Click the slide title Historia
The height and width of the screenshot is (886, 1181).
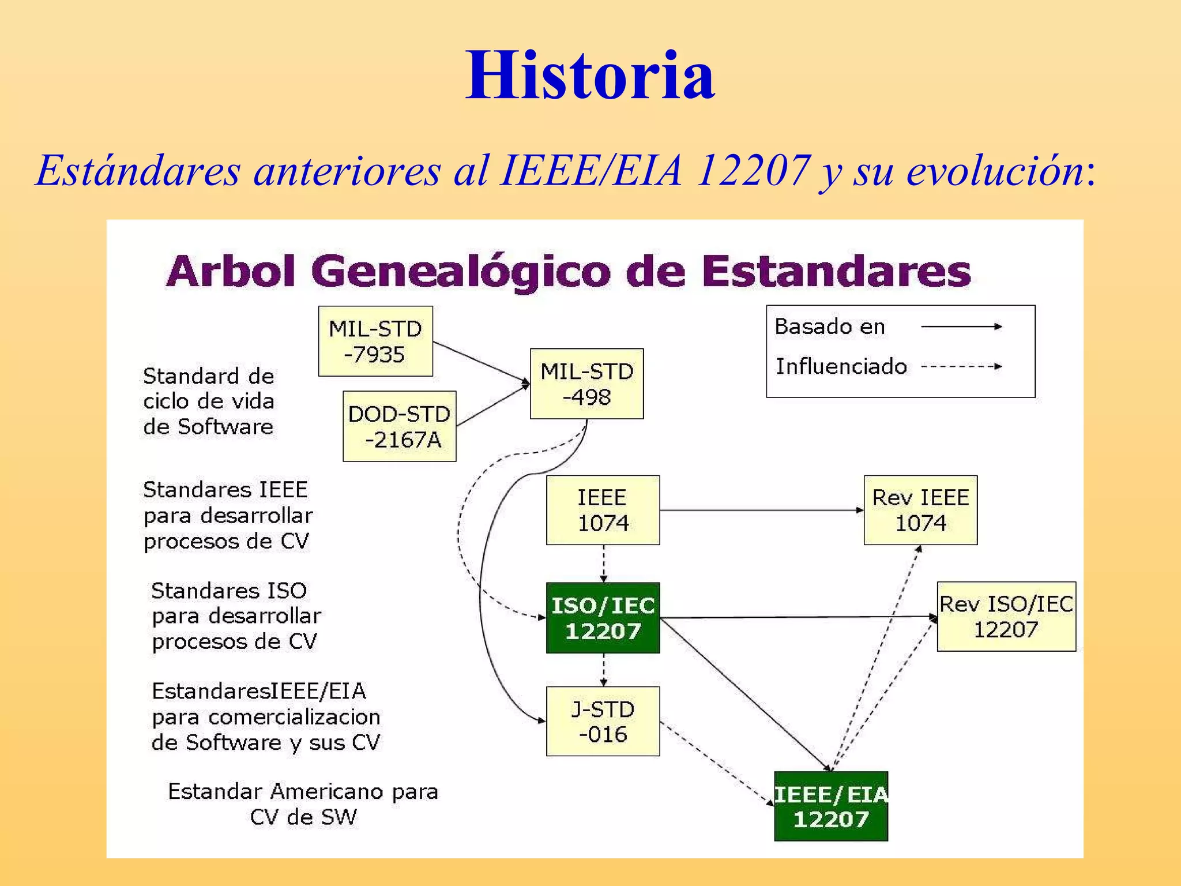tap(590, 75)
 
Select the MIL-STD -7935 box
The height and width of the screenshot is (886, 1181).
tap(375, 341)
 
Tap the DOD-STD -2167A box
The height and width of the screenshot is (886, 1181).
tap(400, 426)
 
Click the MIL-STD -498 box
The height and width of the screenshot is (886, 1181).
tap(586, 384)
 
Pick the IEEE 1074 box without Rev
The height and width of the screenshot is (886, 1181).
tap(603, 510)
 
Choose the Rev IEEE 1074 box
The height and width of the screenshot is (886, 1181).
tap(920, 510)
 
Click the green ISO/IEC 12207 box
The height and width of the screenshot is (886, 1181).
tap(603, 618)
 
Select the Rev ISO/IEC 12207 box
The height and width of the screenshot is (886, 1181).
tap(1006, 617)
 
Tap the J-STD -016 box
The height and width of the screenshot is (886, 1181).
tap(603, 721)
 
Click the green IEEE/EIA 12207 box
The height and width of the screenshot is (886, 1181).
tap(830, 806)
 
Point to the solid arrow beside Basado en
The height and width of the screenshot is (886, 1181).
tap(961, 326)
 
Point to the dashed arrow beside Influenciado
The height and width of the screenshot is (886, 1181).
tap(961, 366)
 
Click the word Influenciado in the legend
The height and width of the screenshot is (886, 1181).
tap(841, 366)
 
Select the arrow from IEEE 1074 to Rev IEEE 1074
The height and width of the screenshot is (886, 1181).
tap(761, 510)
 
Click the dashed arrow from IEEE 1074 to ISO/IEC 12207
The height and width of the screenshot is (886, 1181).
tap(604, 564)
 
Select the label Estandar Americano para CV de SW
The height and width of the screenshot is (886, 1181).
tap(303, 804)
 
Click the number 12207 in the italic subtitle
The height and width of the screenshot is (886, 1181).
tap(753, 170)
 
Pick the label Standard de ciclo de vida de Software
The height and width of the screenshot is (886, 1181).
tap(209, 401)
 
